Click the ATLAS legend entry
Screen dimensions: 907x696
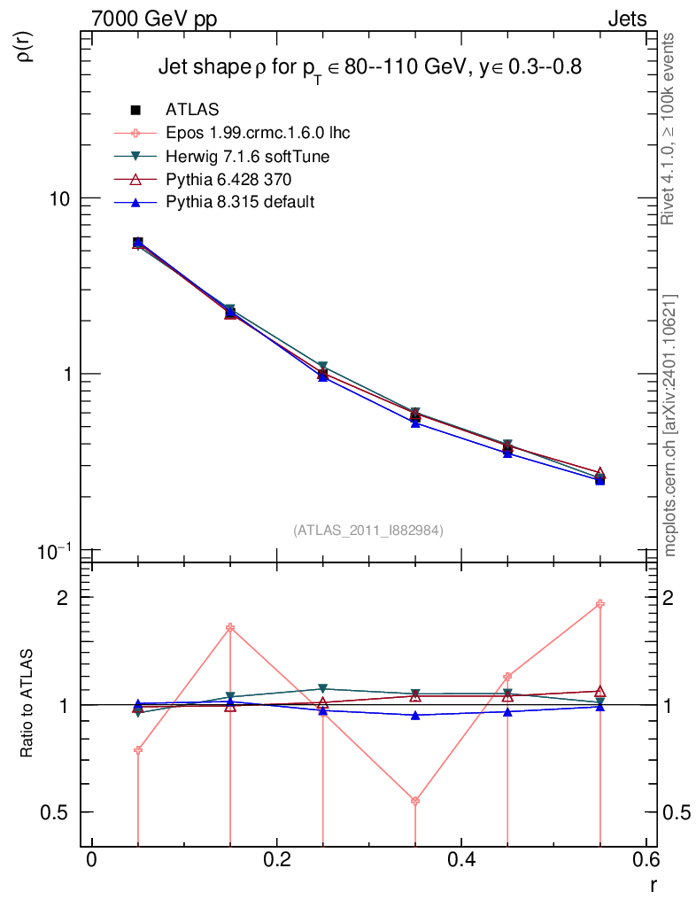[x=192, y=110]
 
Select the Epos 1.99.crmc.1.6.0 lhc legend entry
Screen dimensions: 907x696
[x=258, y=133]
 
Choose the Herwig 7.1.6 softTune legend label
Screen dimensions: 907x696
[x=247, y=157]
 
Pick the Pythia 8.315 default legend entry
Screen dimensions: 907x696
[x=239, y=203]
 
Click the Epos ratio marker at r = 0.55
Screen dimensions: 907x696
[x=600, y=604]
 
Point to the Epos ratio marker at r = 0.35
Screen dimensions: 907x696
[x=415, y=801]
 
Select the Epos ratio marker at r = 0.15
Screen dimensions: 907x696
[x=230, y=628]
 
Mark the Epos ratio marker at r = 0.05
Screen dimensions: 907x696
[x=138, y=750]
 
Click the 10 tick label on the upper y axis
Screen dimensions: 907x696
[x=58, y=198]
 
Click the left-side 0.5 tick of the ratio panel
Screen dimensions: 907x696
[x=58, y=812]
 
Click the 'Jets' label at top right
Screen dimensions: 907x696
[x=626, y=19]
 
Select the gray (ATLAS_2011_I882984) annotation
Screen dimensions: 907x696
[x=368, y=530]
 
